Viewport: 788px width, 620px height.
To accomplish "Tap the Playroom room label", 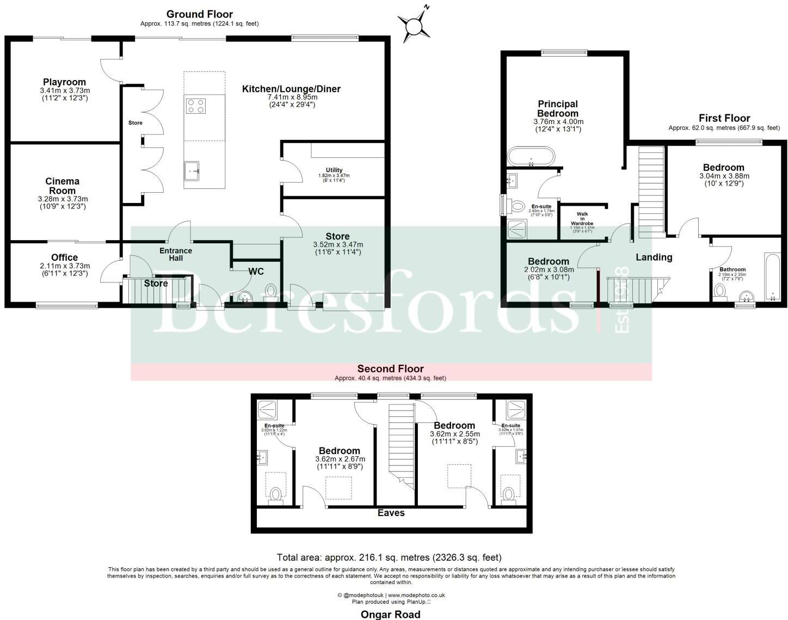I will coord(65,83).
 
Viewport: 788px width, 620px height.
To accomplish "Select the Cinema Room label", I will coord(62,186).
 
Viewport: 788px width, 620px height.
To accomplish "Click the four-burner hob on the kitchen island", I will coord(196,105).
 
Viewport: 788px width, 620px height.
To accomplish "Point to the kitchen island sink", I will coord(192,170).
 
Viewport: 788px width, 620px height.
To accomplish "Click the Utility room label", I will coord(334,170).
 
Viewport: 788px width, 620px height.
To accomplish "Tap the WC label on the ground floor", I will coord(256,271).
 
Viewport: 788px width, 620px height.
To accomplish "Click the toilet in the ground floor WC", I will coord(271,291).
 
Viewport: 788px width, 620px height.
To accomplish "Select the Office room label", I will coord(64,257).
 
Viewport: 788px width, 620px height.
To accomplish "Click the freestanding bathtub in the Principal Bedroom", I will coord(531,156).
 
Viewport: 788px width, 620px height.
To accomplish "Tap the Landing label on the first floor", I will coord(654,257).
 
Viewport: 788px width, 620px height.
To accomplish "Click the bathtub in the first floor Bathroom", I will coord(772,276).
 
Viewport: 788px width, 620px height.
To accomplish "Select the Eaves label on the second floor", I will coord(391,513).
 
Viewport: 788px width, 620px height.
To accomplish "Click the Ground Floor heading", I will coord(199,14).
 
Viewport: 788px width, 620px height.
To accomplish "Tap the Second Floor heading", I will coord(390,369).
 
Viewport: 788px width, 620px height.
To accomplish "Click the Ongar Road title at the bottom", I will coord(390,615).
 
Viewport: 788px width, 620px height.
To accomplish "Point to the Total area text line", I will coord(389,557).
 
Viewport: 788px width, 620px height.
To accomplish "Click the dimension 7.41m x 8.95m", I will coord(292,97).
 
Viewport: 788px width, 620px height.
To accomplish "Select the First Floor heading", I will coord(724,118).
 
